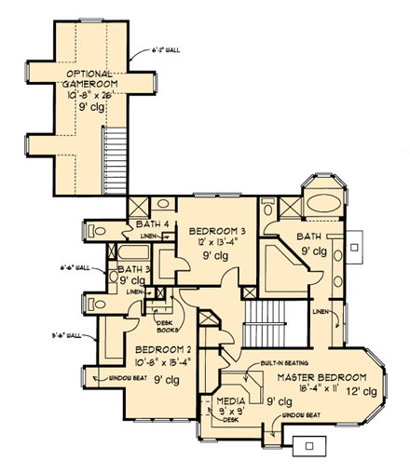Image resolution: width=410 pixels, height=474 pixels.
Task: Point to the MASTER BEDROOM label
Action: pyautogui.click(x=318, y=376)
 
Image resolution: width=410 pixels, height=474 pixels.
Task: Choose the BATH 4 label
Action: pyautogui.click(x=151, y=223)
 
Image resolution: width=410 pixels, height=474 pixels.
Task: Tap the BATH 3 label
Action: pyautogui.click(x=129, y=269)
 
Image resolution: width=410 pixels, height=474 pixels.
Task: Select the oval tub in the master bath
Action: pyautogui.click(x=322, y=204)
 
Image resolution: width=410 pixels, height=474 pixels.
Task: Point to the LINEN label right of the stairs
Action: pyautogui.click(x=321, y=311)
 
